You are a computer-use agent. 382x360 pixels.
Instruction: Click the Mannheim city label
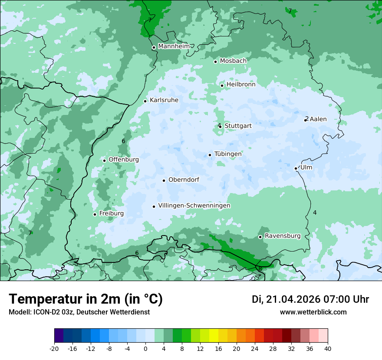pyautogui.click(x=174, y=46)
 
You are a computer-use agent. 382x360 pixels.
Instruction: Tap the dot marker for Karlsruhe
pyautogui.click(x=145, y=101)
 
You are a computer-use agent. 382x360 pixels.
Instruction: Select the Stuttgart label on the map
pyautogui.click(x=238, y=126)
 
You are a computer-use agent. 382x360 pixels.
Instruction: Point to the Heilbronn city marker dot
pyautogui.click(x=222, y=85)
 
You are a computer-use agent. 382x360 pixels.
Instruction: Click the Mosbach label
pyautogui.click(x=233, y=61)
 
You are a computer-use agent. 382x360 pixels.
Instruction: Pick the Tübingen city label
pyautogui.click(x=228, y=154)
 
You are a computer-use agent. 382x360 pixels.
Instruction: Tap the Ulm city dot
pyautogui.click(x=296, y=168)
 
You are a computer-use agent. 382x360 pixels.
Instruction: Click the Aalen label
pyautogui.click(x=318, y=119)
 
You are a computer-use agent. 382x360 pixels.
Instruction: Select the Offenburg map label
pyautogui.click(x=124, y=159)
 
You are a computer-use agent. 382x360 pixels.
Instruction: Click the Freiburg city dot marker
pyautogui.click(x=95, y=214)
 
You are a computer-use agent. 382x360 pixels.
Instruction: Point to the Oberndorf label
pyautogui.click(x=184, y=180)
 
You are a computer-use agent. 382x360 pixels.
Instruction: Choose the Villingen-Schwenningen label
pyautogui.click(x=194, y=206)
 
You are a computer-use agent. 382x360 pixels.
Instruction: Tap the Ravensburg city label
pyautogui.click(x=283, y=236)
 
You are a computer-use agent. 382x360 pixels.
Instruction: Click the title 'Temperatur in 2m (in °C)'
pyautogui.click(x=86, y=299)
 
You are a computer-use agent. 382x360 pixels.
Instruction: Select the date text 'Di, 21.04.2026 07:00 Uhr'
pyautogui.click(x=310, y=299)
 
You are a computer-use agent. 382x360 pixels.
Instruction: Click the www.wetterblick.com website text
pyautogui.click(x=313, y=312)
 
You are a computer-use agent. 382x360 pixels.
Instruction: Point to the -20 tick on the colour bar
pyautogui.click(x=54, y=348)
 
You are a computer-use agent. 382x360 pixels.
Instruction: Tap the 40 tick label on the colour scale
pyautogui.click(x=328, y=348)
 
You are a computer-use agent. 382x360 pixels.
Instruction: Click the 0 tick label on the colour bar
pyautogui.click(x=145, y=348)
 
